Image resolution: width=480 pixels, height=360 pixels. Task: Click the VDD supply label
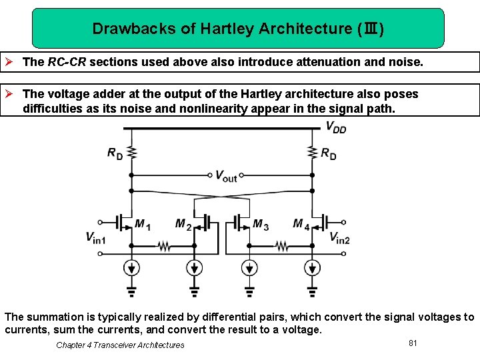tap(335, 127)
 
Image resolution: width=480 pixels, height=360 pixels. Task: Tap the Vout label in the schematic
tap(226, 176)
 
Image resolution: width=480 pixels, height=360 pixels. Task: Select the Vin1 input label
tap(96, 237)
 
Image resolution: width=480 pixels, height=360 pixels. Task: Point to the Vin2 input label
tap(339, 237)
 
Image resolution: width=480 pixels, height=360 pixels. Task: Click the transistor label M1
tap(143, 225)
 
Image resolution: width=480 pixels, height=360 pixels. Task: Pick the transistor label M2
tap(183, 225)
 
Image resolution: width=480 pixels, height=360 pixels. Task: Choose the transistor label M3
tap(261, 225)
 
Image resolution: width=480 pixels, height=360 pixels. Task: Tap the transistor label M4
tap(301, 225)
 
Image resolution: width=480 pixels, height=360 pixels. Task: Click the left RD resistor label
tap(115, 153)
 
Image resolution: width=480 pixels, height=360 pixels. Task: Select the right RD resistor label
tap(329, 153)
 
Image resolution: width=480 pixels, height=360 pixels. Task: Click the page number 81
tap(413, 343)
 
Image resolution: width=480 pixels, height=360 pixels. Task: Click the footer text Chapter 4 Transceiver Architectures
tap(120, 345)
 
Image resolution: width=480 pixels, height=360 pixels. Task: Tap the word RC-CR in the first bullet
tap(67, 62)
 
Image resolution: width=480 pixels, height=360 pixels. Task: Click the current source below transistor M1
tap(132, 268)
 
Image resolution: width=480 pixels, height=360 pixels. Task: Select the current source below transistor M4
tap(312, 268)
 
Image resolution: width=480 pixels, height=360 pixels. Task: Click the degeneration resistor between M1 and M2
tap(163, 246)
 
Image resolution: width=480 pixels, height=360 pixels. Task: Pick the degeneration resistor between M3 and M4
tap(281, 246)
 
